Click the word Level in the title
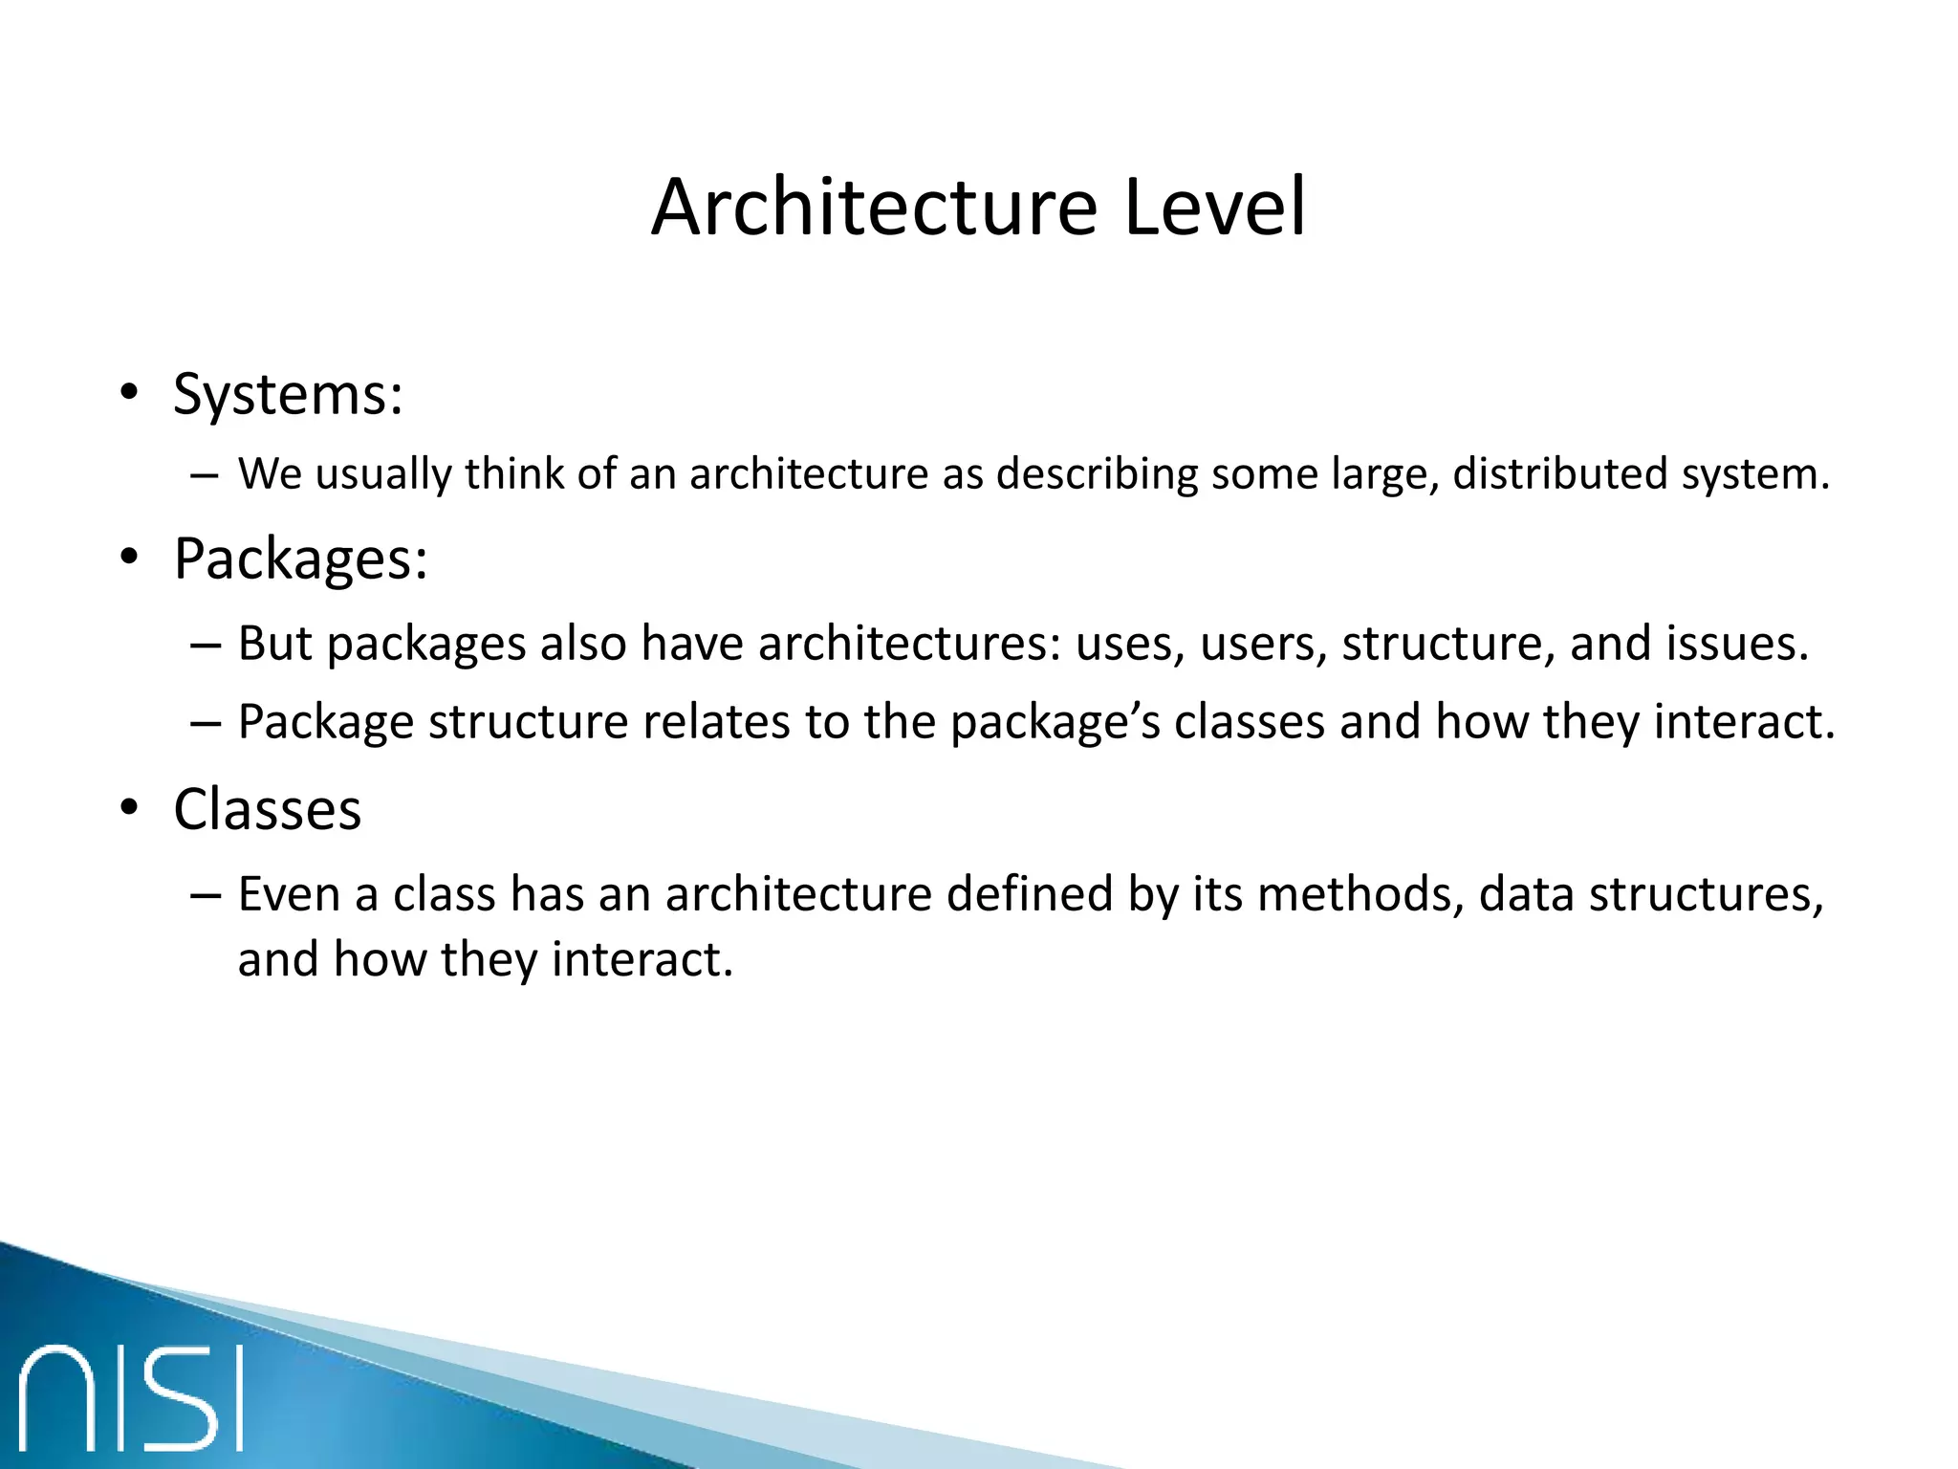pyautogui.click(x=1213, y=208)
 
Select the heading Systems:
pyautogui.click(x=288, y=394)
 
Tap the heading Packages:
pyautogui.click(x=300, y=559)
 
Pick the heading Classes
pyautogui.click(x=268, y=810)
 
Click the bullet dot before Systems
pyautogui.click(x=129, y=393)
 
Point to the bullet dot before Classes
pyautogui.click(x=129, y=809)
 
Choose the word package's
pyautogui.click(x=1055, y=722)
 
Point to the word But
pyautogui.click(x=275, y=644)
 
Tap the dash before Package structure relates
pyautogui.click(x=205, y=723)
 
